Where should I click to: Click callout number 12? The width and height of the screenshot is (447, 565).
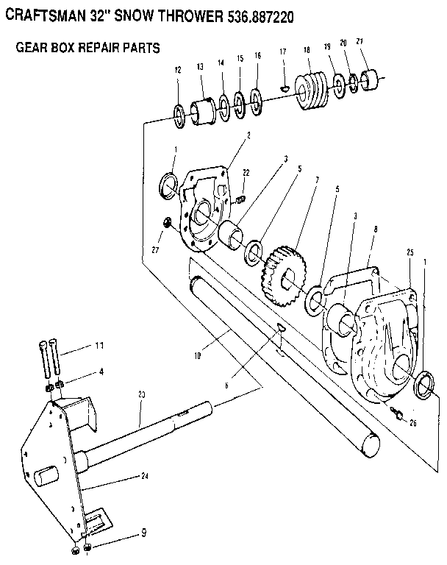[177, 70]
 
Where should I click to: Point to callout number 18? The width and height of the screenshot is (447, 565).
[307, 50]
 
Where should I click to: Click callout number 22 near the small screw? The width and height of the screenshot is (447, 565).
[246, 173]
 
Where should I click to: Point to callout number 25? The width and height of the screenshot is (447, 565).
[409, 252]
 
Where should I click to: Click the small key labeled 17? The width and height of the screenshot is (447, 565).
[284, 89]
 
